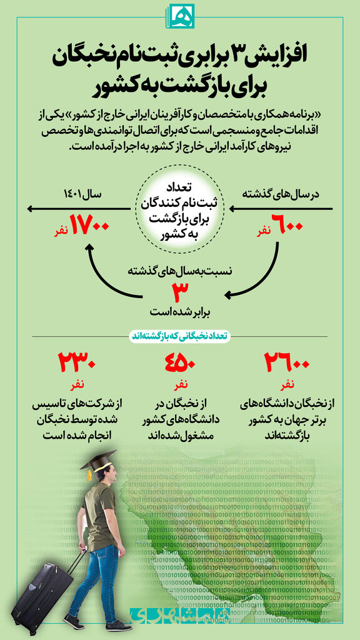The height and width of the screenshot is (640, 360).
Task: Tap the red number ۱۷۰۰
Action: coord(90,226)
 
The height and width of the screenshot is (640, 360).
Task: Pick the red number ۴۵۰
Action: coord(180,362)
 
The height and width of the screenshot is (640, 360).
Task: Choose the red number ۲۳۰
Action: coord(76,362)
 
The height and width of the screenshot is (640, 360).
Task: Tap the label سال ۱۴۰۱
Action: coord(83,195)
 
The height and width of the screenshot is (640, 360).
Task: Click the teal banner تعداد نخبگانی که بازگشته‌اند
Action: coord(179,336)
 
